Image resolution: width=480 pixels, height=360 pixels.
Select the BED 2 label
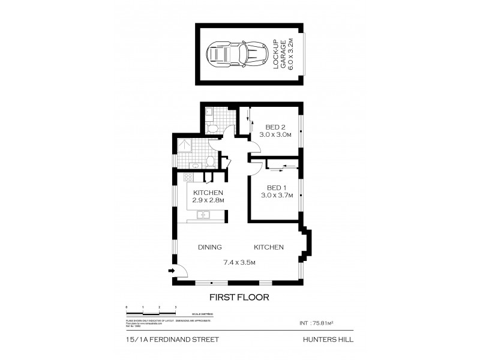[275, 127]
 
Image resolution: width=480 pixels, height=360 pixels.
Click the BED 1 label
[275, 187]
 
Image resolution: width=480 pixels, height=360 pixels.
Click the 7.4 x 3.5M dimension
[239, 262]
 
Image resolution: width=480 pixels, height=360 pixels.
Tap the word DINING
[210, 247]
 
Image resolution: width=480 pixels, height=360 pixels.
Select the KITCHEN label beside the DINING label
[268, 247]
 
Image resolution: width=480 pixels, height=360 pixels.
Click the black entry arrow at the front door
[171, 271]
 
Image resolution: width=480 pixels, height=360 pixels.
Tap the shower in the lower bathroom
[184, 146]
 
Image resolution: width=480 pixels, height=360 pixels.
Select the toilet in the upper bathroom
[211, 128]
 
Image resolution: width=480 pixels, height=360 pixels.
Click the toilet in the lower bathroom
[209, 161]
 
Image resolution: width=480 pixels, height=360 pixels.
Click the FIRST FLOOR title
[238, 297]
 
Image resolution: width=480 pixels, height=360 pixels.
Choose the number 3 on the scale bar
[175, 307]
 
